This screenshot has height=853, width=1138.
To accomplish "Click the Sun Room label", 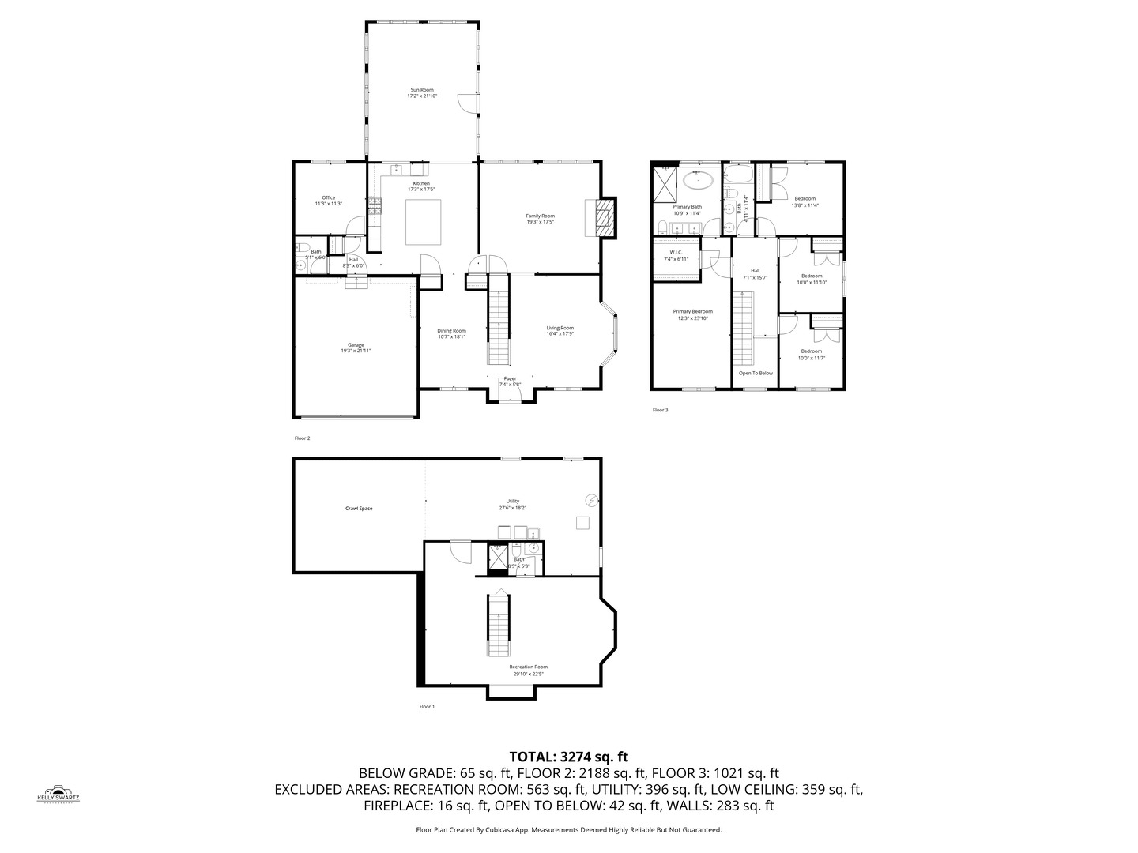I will [421, 93].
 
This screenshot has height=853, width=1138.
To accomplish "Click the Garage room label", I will [356, 348].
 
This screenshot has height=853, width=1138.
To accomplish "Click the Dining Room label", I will [451, 333].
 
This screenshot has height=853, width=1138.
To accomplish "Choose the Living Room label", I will [560, 330].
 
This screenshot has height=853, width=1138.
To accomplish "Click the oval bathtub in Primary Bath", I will [698, 181].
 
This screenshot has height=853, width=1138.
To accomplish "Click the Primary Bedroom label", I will [692, 314].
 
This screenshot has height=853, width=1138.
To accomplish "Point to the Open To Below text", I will [756, 373].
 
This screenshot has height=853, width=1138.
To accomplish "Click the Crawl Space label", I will [359, 509].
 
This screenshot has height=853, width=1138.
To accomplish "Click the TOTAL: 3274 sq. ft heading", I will [568, 756].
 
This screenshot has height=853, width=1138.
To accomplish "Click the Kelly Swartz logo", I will [58, 793].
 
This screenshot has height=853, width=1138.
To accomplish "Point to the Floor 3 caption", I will [660, 410].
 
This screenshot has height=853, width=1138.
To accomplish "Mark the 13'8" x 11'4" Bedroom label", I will [805, 201].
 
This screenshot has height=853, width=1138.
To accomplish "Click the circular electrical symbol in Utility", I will [591, 499].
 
